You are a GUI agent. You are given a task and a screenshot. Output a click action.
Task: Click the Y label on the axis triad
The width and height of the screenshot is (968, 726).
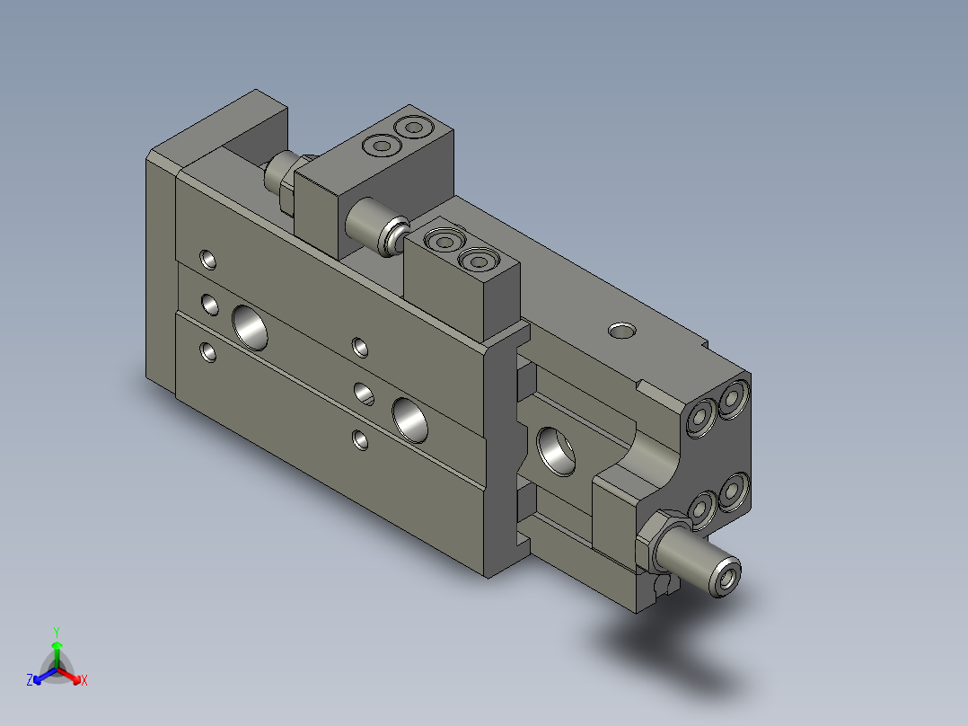[56, 632]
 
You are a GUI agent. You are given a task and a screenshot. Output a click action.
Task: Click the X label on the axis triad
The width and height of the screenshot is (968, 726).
[84, 680]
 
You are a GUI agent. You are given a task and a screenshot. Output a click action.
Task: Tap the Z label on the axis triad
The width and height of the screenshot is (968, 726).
[30, 680]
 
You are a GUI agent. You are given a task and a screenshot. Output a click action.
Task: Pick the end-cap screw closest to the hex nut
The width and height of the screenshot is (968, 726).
[700, 509]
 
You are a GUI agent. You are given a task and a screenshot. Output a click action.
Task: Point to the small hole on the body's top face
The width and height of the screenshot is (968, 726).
[620, 331]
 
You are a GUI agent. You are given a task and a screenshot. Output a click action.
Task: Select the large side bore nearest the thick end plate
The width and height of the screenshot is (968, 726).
[251, 327]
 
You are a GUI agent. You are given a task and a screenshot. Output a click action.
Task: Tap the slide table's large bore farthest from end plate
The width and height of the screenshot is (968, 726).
[411, 420]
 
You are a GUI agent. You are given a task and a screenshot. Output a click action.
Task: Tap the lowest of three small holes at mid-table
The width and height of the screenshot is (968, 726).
[360, 439]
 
